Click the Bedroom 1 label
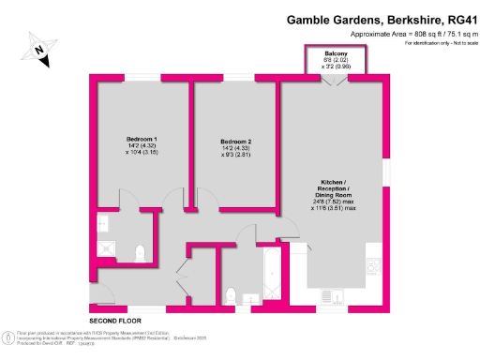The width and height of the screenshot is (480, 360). pos(142,139)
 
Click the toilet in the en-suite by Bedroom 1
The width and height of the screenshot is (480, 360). pos(138,251)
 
